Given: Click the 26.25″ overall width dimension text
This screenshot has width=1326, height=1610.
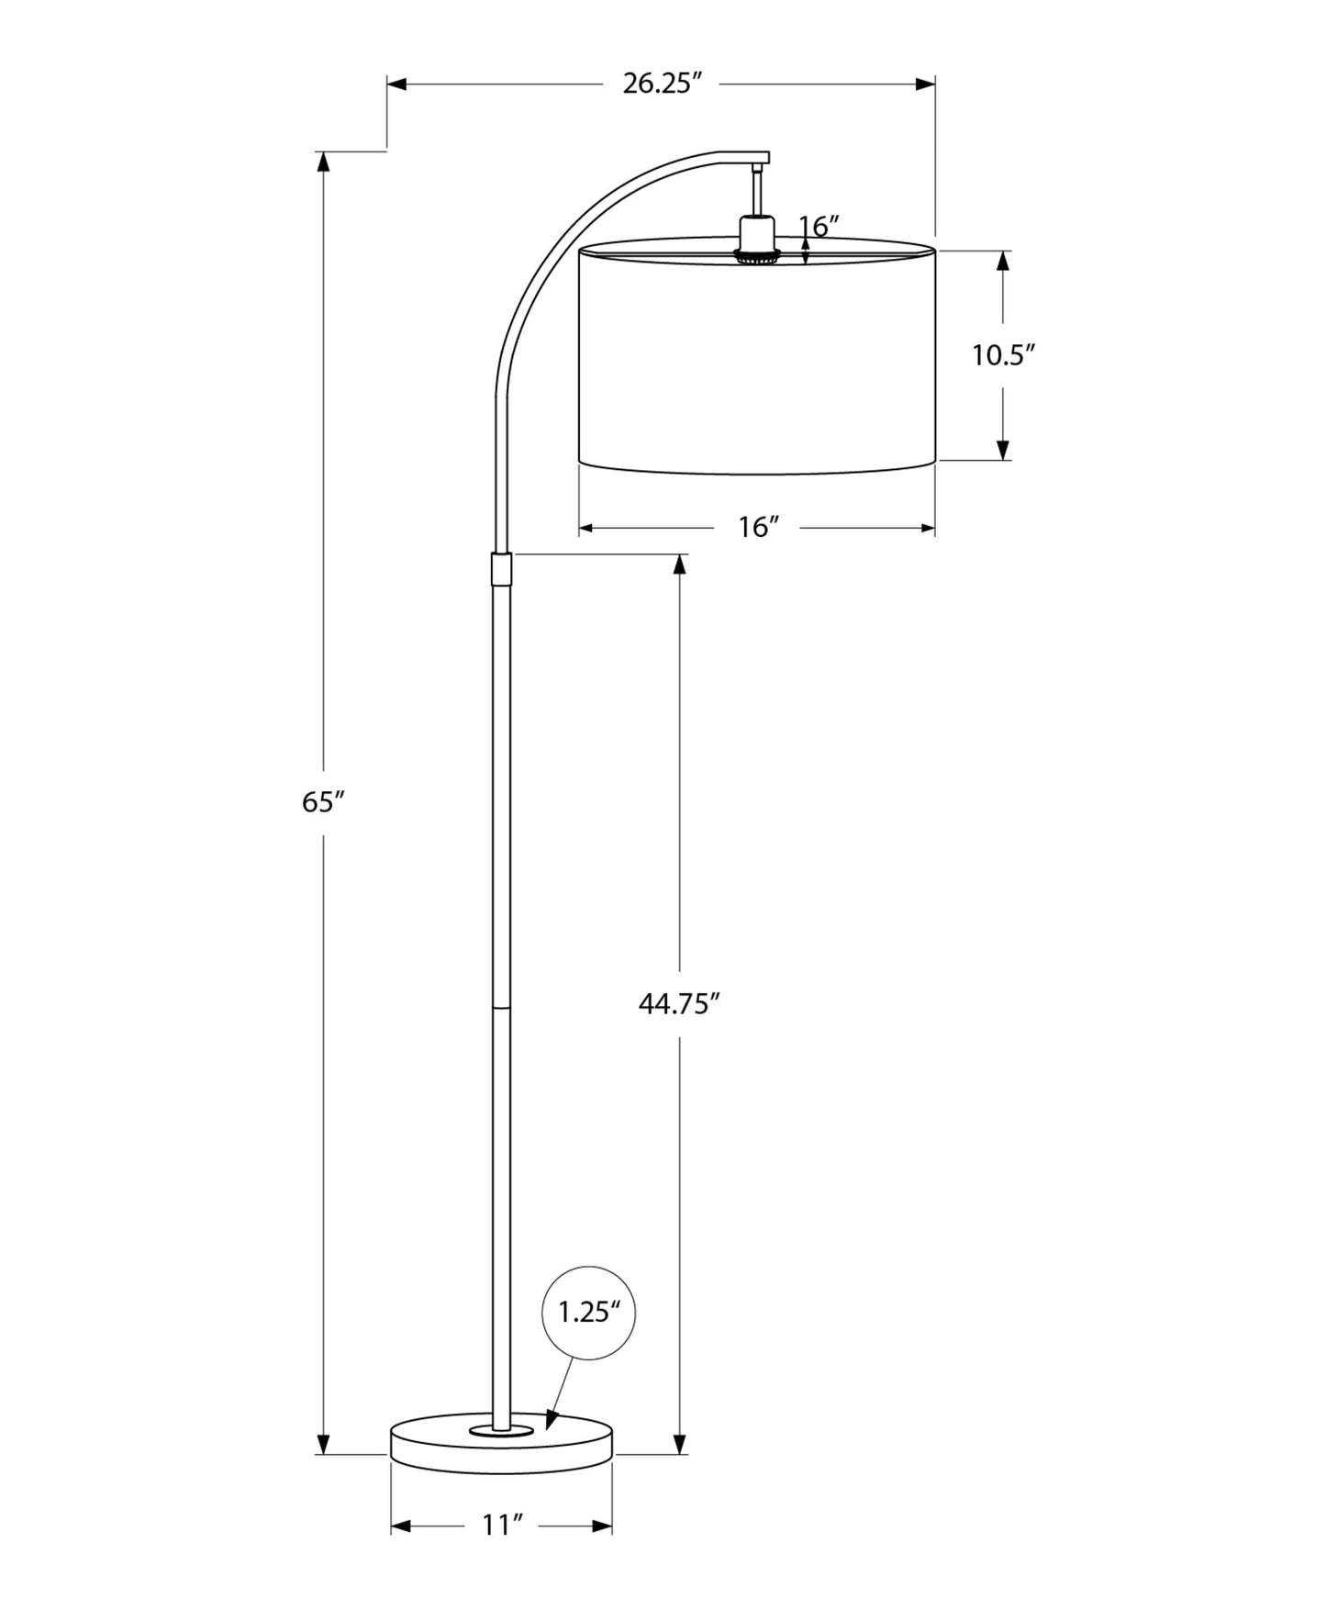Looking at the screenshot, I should click(662, 84).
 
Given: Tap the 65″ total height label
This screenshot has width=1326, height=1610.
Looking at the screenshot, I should click(322, 802).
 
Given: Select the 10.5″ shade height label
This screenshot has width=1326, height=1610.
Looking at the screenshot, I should click(1003, 355).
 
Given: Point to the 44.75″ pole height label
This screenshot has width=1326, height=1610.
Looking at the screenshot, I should click(677, 1004).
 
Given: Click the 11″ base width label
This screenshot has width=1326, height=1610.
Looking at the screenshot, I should click(502, 1526).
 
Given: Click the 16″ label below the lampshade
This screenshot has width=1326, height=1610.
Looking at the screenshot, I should click(758, 528).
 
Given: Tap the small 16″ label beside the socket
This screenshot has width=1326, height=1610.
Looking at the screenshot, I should click(819, 226).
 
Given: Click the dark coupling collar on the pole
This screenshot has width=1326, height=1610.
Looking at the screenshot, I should click(501, 569).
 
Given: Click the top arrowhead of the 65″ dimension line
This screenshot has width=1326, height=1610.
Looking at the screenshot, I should click(323, 162).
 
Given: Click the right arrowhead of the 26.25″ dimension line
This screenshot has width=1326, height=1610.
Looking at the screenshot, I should click(925, 84).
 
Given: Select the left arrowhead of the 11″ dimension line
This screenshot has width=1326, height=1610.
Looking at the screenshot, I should click(400, 1526).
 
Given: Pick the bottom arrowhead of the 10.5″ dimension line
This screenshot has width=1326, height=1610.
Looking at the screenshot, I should click(1003, 449).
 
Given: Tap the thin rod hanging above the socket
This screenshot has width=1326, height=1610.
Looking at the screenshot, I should click(757, 191).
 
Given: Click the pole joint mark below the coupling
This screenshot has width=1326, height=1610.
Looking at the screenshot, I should click(501, 1007).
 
